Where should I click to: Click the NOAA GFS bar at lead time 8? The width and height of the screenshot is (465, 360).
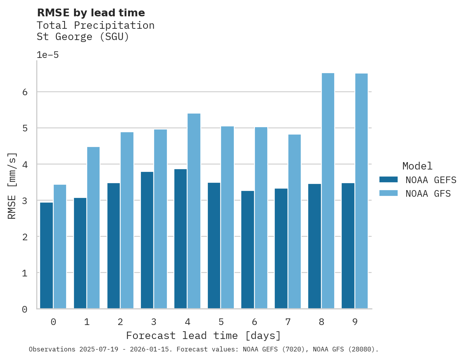point(328,190)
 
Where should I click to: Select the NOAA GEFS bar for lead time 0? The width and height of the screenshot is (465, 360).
point(47,255)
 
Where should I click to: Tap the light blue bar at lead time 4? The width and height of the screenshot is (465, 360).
point(194,211)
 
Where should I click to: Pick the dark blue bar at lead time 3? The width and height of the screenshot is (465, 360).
point(147,240)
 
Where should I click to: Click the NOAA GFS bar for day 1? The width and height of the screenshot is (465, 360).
point(94,227)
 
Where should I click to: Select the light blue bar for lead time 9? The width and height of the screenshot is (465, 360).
point(361,190)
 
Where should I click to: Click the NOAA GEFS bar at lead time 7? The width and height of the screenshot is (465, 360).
point(281,248)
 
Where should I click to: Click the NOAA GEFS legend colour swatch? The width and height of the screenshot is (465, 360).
point(388,180)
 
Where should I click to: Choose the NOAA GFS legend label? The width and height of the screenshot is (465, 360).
point(428,194)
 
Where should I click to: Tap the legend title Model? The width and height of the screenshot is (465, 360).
point(417,166)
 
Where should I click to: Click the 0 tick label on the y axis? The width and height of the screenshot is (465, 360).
point(25,309)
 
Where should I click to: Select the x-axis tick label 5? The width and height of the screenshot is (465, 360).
point(221,322)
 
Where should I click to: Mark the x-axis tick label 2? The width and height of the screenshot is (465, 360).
point(120,322)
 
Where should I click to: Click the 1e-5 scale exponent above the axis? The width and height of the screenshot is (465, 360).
point(47,55)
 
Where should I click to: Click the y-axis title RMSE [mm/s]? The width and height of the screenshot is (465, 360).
point(12,185)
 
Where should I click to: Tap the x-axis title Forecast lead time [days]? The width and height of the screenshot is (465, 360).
point(203,336)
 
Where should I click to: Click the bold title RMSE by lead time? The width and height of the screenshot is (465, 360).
point(91,13)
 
